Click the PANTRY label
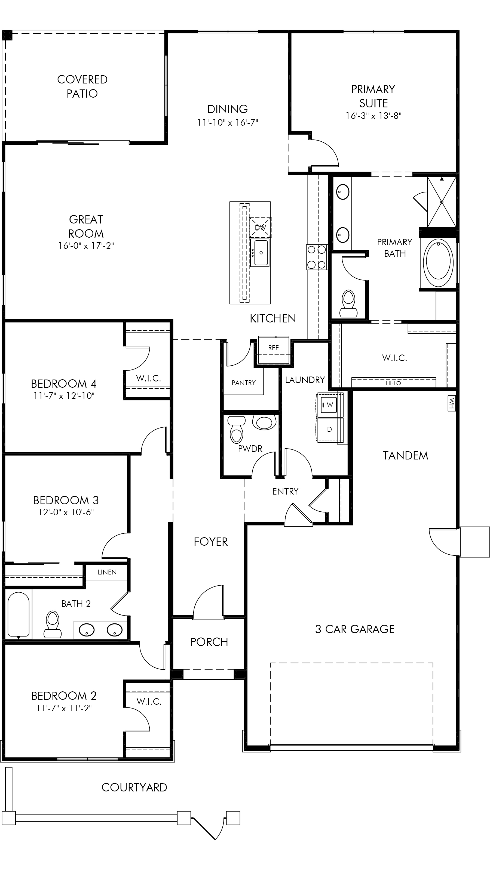tap(243, 383)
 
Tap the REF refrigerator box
tap(274, 350)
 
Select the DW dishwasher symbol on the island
tap(260, 227)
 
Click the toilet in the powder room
tap(236, 430)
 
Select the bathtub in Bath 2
tap(18, 614)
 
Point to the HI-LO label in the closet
tap(393, 383)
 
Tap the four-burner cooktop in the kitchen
tap(317, 257)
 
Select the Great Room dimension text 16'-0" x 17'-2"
tap(86, 246)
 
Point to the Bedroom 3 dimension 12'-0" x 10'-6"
tap(66, 512)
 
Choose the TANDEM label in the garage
tap(405, 456)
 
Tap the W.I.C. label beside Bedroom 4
tap(148, 378)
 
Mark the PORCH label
tap(209, 642)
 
